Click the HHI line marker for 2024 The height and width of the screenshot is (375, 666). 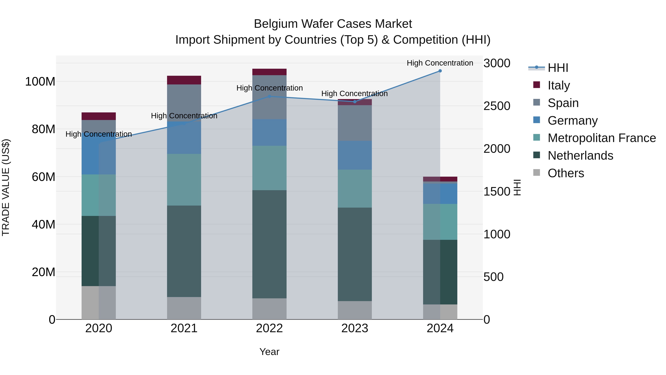tap(440, 71)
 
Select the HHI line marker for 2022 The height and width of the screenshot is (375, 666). tap(269, 96)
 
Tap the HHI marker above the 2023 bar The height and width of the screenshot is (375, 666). tap(355, 102)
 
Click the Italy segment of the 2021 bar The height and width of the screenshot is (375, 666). tap(184, 80)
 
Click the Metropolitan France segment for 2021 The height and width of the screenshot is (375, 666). tap(184, 180)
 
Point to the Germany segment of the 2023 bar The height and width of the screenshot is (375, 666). tap(355, 155)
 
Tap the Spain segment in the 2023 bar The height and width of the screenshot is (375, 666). tap(355, 123)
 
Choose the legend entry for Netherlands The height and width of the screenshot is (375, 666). tap(580, 156)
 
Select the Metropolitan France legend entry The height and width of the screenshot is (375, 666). tap(601, 138)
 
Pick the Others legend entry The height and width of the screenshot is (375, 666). tap(566, 173)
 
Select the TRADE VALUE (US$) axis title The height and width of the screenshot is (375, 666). tap(6, 187)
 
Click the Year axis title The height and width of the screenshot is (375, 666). tap(269, 352)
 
